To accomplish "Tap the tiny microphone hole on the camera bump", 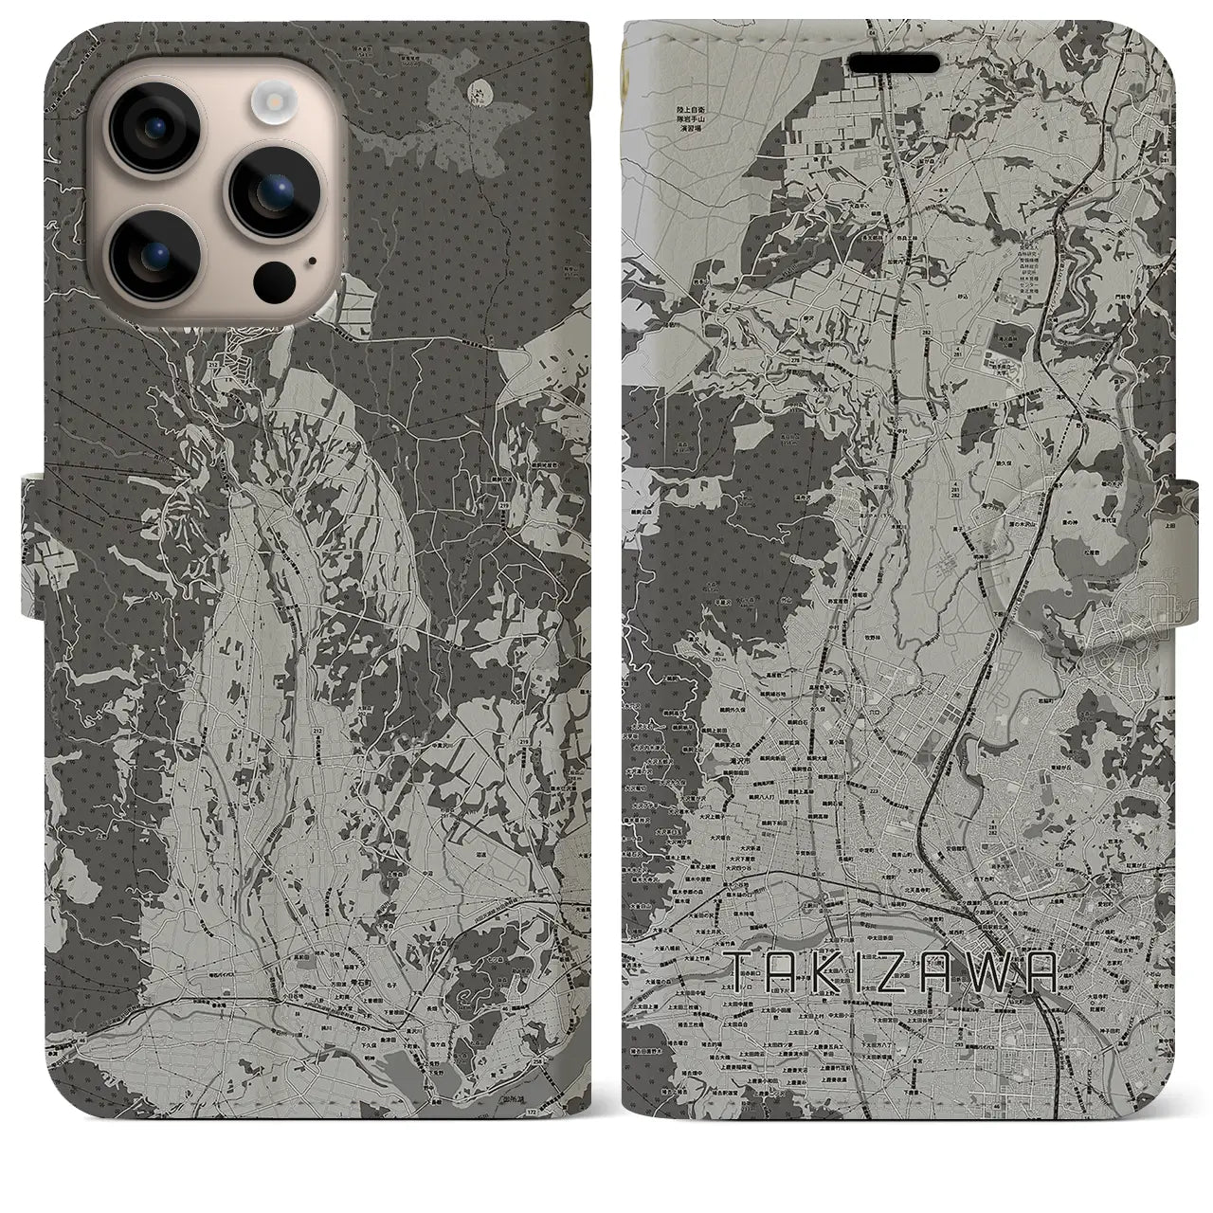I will click(310, 259).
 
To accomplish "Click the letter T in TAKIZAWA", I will click(740, 971).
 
